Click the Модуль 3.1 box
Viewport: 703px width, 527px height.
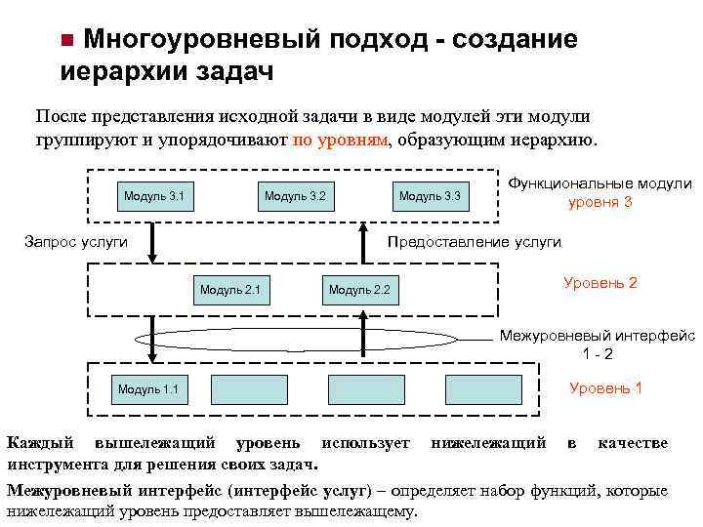point(154,197)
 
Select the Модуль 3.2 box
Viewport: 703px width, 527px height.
point(294,197)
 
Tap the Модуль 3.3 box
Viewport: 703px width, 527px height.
point(429,197)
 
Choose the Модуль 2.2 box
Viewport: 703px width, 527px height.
point(359,289)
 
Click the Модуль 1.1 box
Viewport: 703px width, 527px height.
point(147,389)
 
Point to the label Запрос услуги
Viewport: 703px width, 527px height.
point(75,242)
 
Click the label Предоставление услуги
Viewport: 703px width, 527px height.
point(475,242)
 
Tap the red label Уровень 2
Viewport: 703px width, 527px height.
point(600,283)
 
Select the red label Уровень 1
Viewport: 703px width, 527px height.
point(605,387)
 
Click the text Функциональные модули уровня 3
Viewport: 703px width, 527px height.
point(600,193)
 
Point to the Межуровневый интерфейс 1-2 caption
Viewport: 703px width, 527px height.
point(598,345)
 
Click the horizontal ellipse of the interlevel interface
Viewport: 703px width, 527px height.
point(311,341)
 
